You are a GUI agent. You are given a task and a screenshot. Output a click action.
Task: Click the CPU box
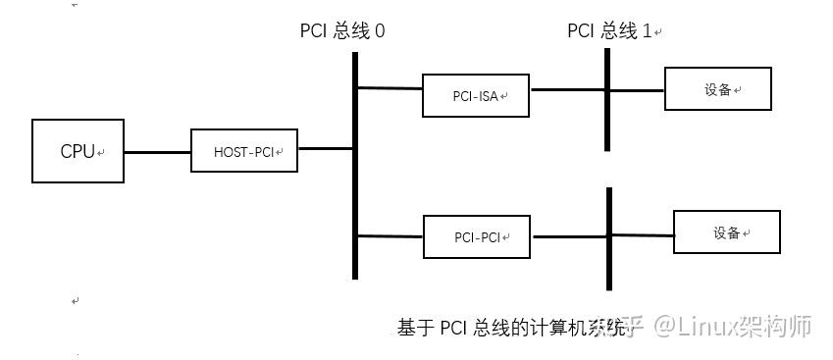pyautogui.click(x=78, y=151)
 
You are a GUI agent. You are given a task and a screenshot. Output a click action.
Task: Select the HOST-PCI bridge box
pyautogui.click(x=244, y=151)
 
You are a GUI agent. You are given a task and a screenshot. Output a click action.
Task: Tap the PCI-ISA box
pyautogui.click(x=476, y=95)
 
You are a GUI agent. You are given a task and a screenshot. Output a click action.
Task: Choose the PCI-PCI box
pyautogui.click(x=477, y=237)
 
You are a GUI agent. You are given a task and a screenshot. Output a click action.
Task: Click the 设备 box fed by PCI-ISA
pyautogui.click(x=718, y=89)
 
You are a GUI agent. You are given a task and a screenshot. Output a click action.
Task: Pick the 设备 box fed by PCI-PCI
pyautogui.click(x=727, y=232)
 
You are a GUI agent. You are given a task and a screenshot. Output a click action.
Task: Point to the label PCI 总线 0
pyautogui.click(x=342, y=30)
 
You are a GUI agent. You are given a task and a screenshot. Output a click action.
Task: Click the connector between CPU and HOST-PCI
pyautogui.click(x=157, y=152)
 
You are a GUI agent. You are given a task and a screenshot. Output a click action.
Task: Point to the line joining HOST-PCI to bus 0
pyautogui.click(x=326, y=149)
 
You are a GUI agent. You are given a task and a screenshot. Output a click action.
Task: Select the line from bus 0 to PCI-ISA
pyautogui.click(x=390, y=88)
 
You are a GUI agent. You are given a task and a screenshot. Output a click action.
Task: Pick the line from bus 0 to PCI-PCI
pyautogui.click(x=390, y=235)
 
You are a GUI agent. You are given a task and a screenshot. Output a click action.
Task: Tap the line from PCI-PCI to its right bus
pyautogui.click(x=569, y=235)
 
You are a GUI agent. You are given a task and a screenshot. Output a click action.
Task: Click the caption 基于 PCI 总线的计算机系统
pyautogui.click(x=510, y=328)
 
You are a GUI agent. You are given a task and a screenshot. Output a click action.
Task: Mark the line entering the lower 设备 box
pyautogui.click(x=643, y=234)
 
